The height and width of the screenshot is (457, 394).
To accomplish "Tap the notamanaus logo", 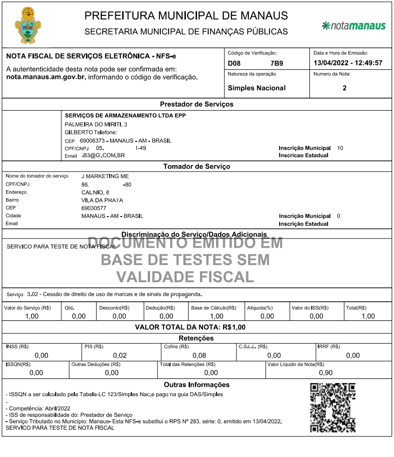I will coord(354,25).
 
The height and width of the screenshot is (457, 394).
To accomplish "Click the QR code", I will coord(332,408).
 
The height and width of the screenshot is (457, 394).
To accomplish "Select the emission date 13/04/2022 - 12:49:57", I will coord(348,63).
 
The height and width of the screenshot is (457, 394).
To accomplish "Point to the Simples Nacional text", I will coord(256,88).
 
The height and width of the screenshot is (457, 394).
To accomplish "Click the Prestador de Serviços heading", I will coord(197,104).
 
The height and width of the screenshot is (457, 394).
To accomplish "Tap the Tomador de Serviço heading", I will coord(197,166).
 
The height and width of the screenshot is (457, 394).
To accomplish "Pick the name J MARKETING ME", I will coord(105,176).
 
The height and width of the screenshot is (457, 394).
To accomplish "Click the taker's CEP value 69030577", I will coord(94,208).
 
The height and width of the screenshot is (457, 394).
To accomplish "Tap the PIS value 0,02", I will coord(119,356).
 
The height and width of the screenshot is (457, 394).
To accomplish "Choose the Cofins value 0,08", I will coord(199,356).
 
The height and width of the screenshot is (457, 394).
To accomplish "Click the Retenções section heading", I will coord(196,338).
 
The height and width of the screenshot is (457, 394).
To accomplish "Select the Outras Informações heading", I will coord(197,384).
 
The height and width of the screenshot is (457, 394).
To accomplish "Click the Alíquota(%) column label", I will coord(260,308).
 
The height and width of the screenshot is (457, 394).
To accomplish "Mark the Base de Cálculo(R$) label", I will coord(214,308).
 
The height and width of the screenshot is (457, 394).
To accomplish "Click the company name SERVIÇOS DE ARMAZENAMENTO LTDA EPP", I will coord(125,115).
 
